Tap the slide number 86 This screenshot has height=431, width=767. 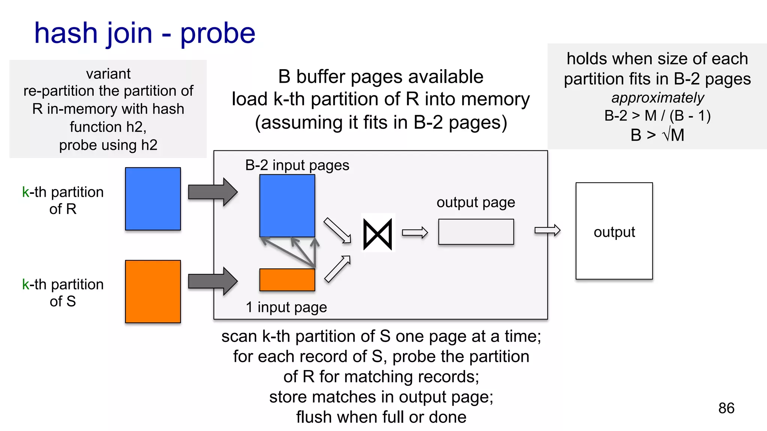(726, 408)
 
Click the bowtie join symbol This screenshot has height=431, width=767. (378, 235)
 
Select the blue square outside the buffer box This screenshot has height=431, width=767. (153, 199)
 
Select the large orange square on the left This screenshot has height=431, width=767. (153, 291)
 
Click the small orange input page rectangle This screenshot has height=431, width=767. (287, 280)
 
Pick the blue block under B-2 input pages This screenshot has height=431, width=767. (287, 205)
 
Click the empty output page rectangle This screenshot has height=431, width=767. (476, 232)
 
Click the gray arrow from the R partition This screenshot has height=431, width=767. (212, 192)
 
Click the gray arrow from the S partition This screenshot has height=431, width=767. (212, 281)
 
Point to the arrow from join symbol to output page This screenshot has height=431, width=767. (415, 233)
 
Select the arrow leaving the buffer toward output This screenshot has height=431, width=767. (547, 230)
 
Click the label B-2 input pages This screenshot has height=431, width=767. (297, 165)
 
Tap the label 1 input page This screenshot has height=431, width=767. (286, 307)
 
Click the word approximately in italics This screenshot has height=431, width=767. (657, 98)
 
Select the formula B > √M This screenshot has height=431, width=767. (657, 135)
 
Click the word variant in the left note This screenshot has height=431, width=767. (108, 74)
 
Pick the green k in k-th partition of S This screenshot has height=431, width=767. (25, 285)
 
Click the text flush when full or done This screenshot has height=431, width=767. (381, 417)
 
